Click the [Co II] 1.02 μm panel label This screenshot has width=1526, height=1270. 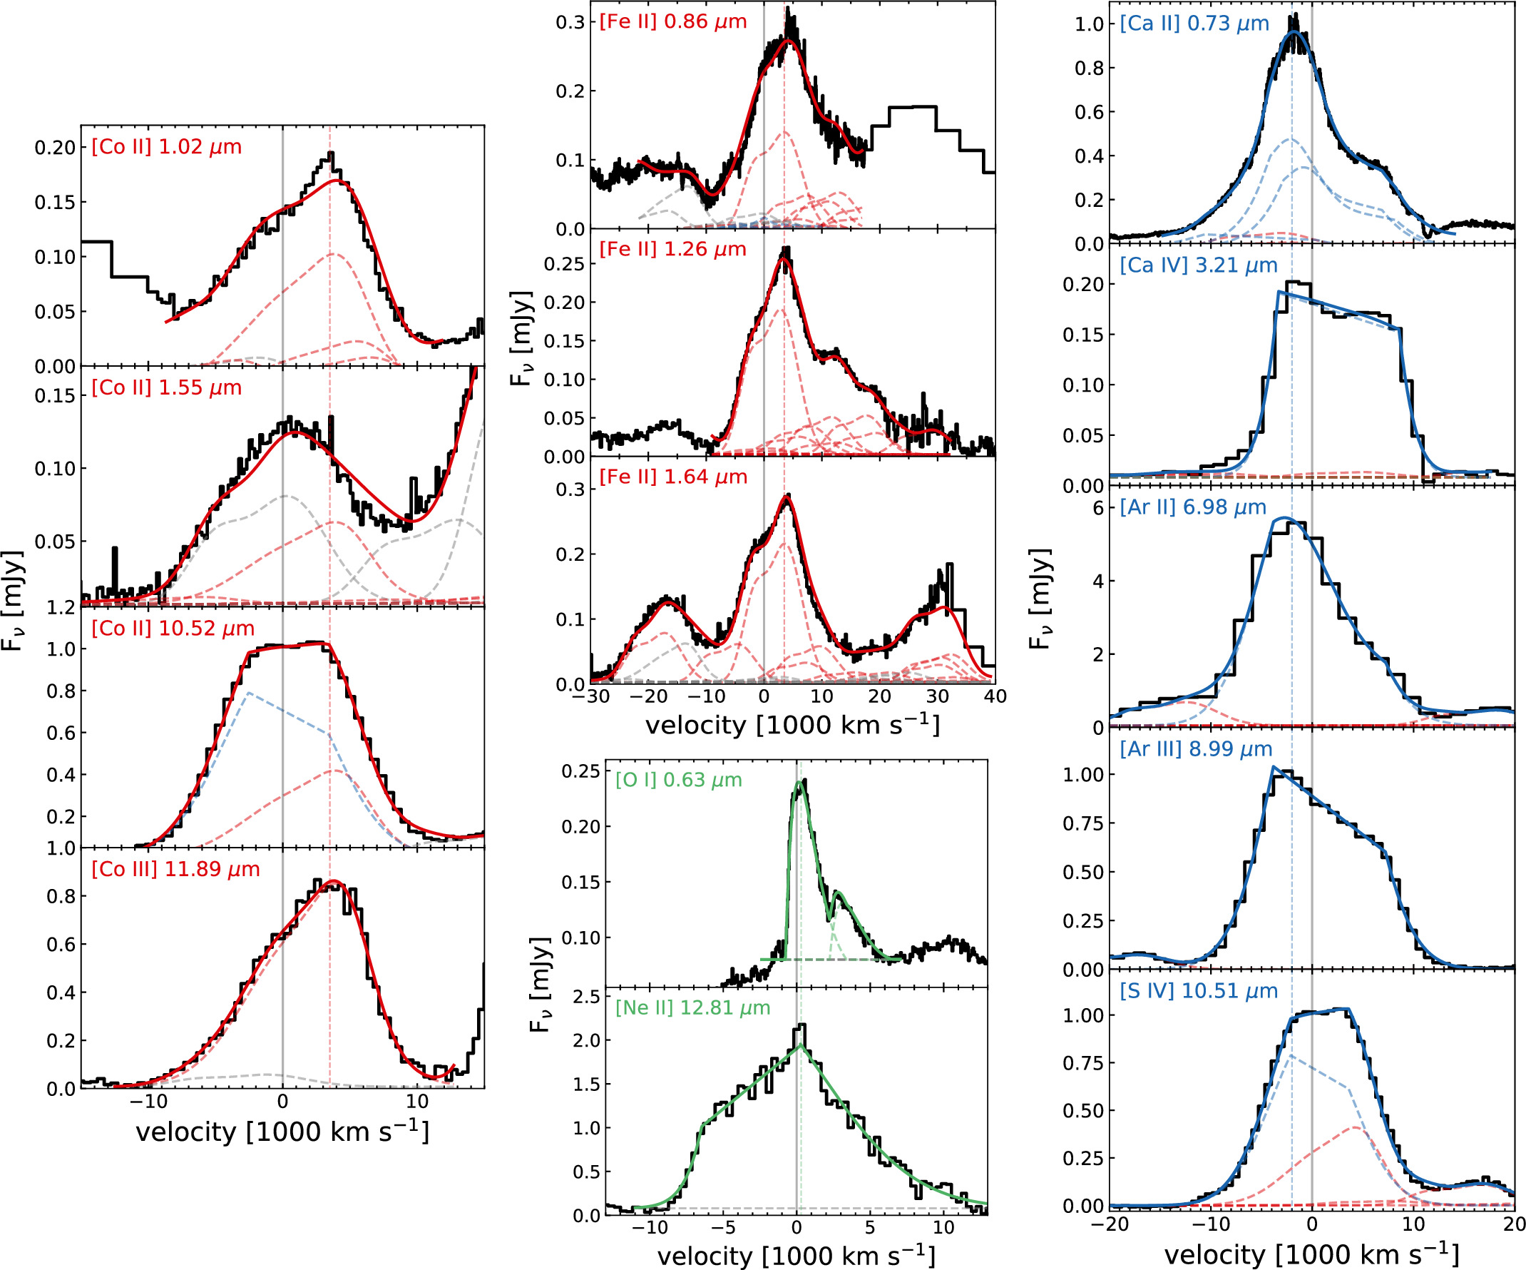166,147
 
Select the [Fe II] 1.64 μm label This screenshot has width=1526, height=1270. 673,477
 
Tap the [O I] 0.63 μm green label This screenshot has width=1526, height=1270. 678,780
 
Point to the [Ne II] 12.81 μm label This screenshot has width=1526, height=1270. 692,1007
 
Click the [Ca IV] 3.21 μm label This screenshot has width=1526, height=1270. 1198,265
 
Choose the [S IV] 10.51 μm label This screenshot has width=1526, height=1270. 1198,991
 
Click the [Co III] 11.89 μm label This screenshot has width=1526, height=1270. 175,870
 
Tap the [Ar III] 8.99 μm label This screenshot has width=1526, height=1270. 1195,748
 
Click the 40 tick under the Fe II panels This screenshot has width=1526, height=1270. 995,696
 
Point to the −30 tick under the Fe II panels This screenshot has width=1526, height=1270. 589,696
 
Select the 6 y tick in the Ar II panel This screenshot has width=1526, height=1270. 1098,508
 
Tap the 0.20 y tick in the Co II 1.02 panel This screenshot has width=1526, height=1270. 55,148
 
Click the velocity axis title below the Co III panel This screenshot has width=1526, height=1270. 282,1132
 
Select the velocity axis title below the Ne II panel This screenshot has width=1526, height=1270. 796,1256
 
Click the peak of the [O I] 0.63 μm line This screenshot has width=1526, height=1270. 801,783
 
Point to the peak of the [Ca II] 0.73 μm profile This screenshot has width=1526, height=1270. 1294,33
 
